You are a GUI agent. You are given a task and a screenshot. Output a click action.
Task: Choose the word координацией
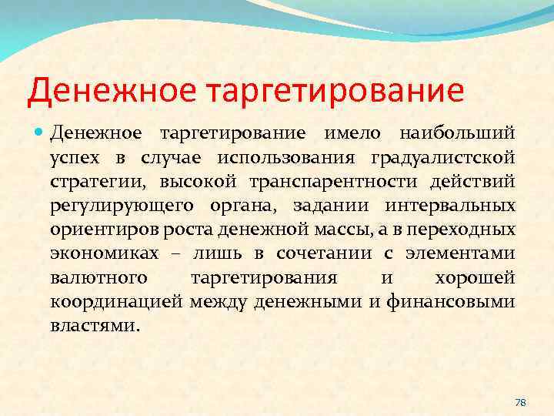[115, 302]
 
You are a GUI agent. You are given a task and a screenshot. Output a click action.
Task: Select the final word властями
[94, 326]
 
